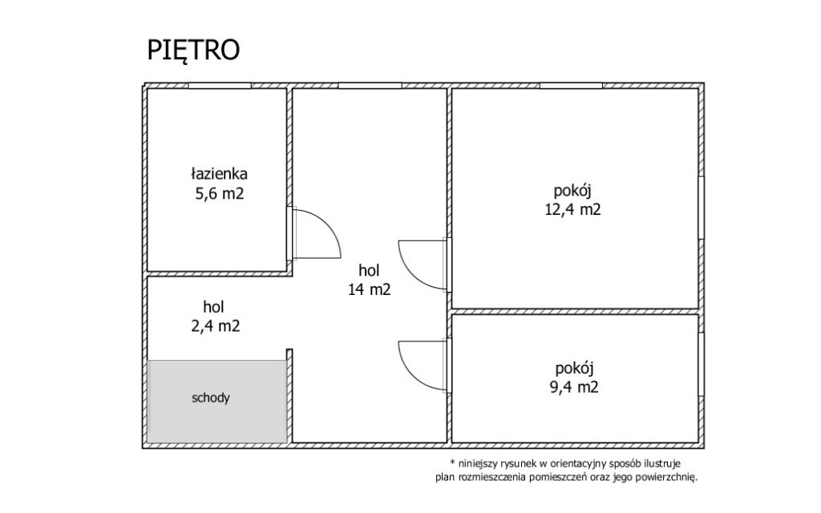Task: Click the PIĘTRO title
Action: pos(193,50)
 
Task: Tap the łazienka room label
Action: pos(220,173)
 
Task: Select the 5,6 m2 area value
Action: pos(220,194)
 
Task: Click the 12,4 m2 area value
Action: pos(572,210)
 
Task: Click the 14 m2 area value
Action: pos(369,289)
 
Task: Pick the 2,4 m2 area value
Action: pos(215,326)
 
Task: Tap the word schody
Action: pos(211,398)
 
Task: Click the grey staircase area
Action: pos(216,402)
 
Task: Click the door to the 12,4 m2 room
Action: pos(422,265)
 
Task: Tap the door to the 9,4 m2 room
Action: pos(422,365)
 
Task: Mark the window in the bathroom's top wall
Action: pos(220,85)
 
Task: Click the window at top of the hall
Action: pos(370,85)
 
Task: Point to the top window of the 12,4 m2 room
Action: pos(571,85)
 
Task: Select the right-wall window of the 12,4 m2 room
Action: pos(701,208)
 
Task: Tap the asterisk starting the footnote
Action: pos(452,463)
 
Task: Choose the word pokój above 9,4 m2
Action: pos(574,369)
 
